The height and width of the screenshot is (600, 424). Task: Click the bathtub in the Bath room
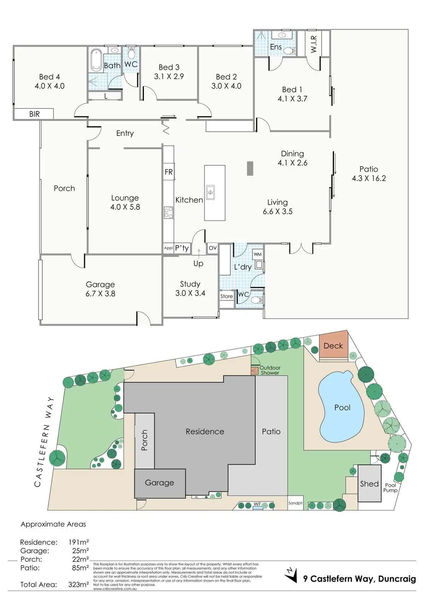pyautogui.click(x=96, y=60)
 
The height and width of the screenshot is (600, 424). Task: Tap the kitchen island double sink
pyautogui.click(x=211, y=192)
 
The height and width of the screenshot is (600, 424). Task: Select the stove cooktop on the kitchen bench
pyautogui.click(x=169, y=213)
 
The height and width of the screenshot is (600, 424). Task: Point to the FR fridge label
pyautogui.click(x=169, y=172)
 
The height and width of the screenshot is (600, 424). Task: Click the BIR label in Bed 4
pyautogui.click(x=34, y=114)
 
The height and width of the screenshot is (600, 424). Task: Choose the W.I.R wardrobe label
pyautogui.click(x=313, y=44)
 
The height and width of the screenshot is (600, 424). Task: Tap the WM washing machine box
pyautogui.click(x=258, y=254)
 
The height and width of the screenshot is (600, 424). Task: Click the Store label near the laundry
pyautogui.click(x=226, y=296)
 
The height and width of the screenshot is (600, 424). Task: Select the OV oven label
pyautogui.click(x=213, y=248)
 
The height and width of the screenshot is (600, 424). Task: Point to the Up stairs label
pyautogui.click(x=198, y=264)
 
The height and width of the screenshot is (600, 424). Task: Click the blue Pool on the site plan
pyautogui.click(x=341, y=407)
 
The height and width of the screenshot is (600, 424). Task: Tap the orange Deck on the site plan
pyautogui.click(x=334, y=346)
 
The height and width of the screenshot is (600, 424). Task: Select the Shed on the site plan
pyautogui.click(x=370, y=483)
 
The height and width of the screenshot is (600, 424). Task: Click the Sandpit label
pyautogui.click(x=295, y=503)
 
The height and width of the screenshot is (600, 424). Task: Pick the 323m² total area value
pyautogui.click(x=78, y=584)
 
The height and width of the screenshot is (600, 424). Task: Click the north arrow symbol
pyautogui.click(x=291, y=575)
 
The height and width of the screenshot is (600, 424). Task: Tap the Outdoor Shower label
pyautogui.click(x=270, y=370)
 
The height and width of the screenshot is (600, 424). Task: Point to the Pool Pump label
pyautogui.click(x=390, y=488)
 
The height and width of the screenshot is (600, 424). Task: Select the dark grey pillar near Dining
pyautogui.click(x=250, y=168)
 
